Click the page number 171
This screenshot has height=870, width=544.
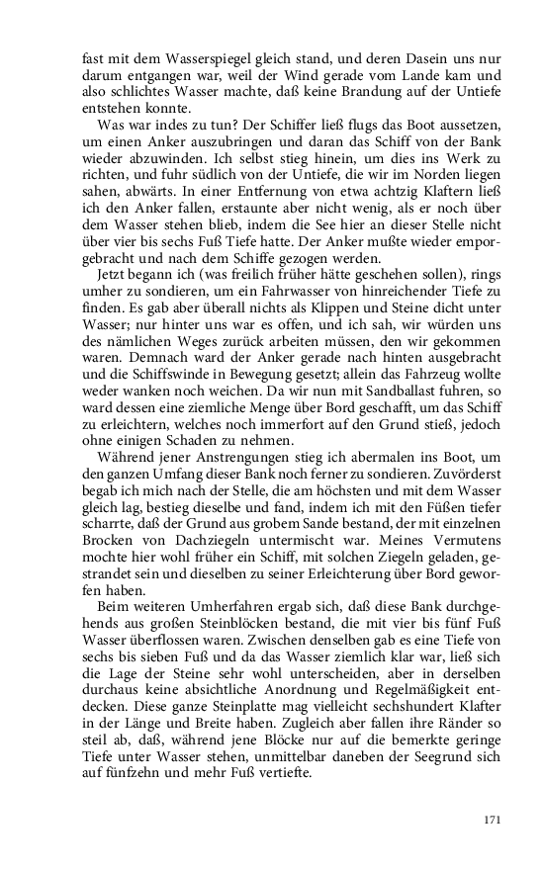click(493, 820)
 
